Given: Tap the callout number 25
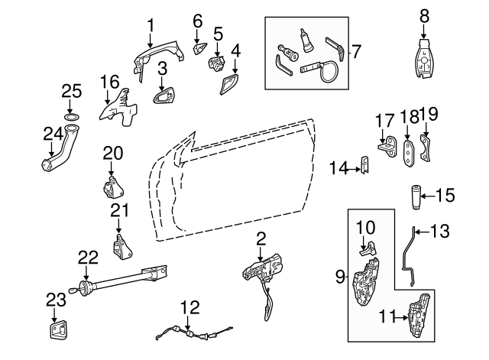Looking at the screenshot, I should (x=71, y=92).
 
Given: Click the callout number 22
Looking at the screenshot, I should (x=88, y=259).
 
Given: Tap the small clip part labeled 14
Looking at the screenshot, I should (x=364, y=166).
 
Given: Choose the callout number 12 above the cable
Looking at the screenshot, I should (x=189, y=307).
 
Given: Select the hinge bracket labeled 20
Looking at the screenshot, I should (x=113, y=186).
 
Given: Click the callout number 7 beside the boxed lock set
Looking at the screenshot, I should (x=354, y=51).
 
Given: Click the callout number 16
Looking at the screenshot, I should (x=110, y=80).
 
